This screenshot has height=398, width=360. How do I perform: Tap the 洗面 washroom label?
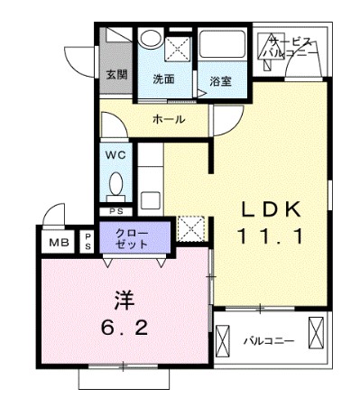coord(163,79)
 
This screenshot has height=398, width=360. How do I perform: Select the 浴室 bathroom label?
coord(220,81)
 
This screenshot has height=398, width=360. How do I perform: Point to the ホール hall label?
coord(169,119)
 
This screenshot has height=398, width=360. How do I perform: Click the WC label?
coord(115,153)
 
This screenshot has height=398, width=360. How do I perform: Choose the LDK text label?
coord(270,210)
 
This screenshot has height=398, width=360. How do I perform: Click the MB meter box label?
coord(58,242)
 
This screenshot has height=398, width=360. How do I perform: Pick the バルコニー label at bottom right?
coord(269,341)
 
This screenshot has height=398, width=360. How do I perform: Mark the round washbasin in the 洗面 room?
coord(151,40)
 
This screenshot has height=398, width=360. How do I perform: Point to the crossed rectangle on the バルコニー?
coord(317,332)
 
